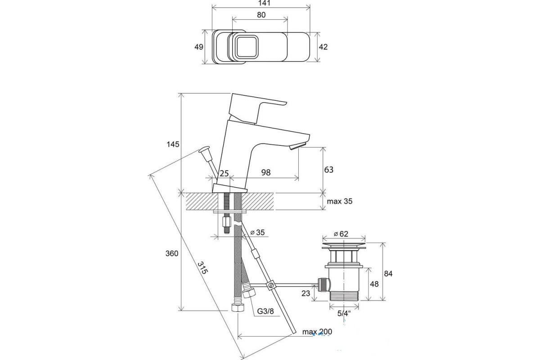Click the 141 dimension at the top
264,3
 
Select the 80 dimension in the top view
261,15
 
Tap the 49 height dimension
198,47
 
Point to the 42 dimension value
323,47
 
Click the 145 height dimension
173,144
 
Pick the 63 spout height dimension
328,170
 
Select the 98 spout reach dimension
266,172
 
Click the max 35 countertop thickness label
339,201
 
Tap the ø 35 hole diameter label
257,232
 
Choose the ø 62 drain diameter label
341,234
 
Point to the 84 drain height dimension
388,274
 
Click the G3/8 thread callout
265,311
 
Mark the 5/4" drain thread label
344,313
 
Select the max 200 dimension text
317,332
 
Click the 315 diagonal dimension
202,268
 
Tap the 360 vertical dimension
172,253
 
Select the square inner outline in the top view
247,46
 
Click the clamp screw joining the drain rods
271,285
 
